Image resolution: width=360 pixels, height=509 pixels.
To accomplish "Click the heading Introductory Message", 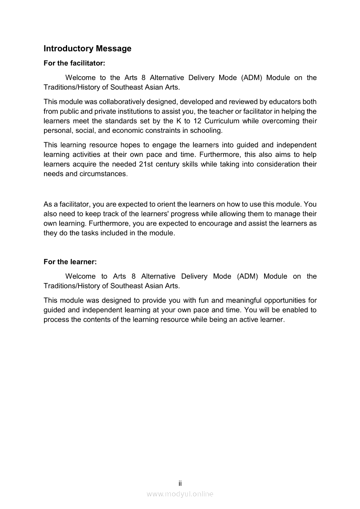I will tap(87, 49).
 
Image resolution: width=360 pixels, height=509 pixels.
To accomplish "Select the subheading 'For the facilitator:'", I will tap(75, 63).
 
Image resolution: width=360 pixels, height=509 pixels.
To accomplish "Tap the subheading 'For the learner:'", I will tap(70, 262).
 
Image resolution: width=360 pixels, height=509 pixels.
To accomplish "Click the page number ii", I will tap(180, 483).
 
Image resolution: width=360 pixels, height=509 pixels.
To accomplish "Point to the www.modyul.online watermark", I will tap(180, 494).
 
